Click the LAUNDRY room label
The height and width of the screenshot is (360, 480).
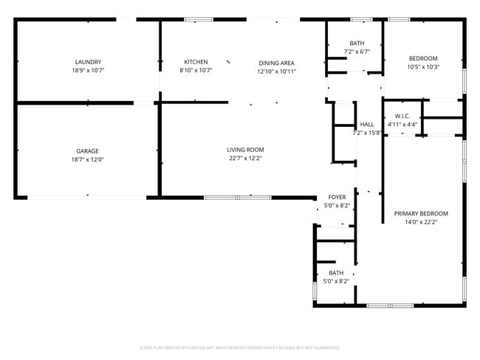(88, 62)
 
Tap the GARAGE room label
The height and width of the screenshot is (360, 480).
(88, 151)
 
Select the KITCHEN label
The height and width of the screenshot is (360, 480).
(196, 62)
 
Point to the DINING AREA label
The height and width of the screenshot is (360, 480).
(276, 63)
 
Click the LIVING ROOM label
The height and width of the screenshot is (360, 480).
(245, 150)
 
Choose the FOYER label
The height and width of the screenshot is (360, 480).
(337, 197)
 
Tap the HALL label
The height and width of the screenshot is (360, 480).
(367, 125)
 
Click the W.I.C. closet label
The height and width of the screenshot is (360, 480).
(402, 116)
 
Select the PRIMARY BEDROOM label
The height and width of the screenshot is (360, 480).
(421, 213)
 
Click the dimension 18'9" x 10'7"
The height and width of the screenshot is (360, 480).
(88, 71)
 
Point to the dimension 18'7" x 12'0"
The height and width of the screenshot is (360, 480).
(88, 160)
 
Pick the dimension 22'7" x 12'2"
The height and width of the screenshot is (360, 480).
(245, 159)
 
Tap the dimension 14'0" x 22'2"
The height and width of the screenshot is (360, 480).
(421, 222)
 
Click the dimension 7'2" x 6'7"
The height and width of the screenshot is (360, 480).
(357, 52)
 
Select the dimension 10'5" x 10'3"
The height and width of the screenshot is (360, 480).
(424, 67)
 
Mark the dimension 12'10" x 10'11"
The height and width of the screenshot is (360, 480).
(276, 72)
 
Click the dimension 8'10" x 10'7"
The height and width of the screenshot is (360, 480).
(196, 71)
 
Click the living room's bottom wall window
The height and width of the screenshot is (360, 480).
(238, 197)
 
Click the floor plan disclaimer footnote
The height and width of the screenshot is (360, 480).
(239, 347)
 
